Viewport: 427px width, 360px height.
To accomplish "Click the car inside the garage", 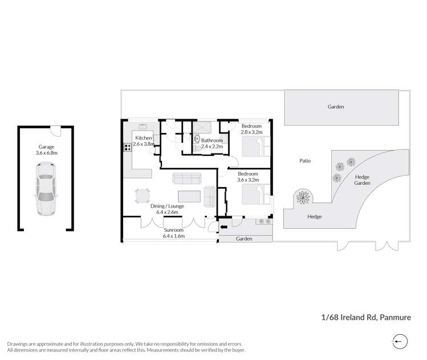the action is (46, 189).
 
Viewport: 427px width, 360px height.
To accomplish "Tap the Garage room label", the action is (46, 147).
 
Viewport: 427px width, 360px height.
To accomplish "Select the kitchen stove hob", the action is (127, 147).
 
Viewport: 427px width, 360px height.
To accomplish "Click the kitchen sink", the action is (143, 126).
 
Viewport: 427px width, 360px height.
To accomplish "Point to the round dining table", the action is (143, 196).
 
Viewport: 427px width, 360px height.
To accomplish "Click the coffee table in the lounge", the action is (189, 196).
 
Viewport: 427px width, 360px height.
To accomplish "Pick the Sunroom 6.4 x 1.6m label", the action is (174, 233).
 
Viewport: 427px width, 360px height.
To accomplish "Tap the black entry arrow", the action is (224, 226).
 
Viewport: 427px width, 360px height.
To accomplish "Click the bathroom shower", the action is (202, 128).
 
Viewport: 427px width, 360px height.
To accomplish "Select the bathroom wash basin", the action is (197, 139).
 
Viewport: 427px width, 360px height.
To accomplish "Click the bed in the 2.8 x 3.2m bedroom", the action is (256, 147).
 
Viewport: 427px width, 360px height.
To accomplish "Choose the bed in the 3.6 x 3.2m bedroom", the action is (256, 194).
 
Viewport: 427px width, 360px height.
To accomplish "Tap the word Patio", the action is (305, 161).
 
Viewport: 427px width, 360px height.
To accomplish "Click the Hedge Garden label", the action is (362, 180).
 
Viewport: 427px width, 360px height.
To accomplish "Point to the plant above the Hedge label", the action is (303, 197).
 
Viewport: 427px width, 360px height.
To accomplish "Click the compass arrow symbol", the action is (400, 342).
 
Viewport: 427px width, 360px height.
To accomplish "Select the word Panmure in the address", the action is (395, 317).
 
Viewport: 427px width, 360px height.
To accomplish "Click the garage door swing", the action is (56, 131).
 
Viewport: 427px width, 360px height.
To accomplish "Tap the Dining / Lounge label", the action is (167, 206).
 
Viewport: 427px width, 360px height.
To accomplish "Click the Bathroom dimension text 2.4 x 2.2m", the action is (212, 147).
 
